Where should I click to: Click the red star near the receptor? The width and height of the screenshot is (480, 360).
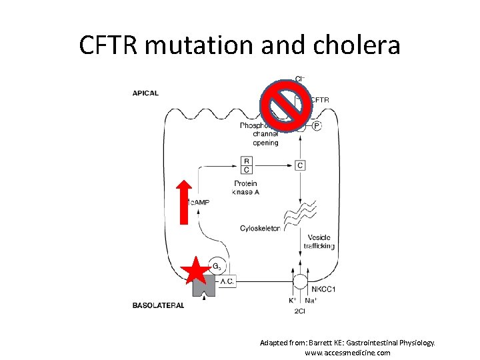coord(195,271)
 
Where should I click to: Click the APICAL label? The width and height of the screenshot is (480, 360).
coord(145,93)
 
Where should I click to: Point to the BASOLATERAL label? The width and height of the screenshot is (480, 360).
coord(158,305)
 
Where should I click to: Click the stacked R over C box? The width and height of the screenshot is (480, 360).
coord(247,165)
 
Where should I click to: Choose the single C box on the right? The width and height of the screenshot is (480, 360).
coord(300,165)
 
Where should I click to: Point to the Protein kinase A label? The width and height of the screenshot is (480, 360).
coord(246,188)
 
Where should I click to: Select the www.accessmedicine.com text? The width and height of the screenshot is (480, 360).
coord(347,353)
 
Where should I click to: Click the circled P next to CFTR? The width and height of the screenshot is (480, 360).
coord(316,125)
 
